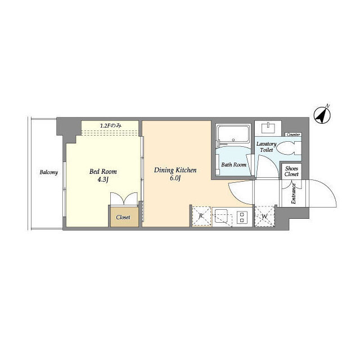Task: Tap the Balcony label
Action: (49, 172)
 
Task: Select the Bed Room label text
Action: (103, 172)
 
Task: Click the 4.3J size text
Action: (103, 179)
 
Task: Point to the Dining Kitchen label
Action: (175, 170)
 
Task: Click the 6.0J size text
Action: (175, 178)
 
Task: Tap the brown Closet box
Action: (124, 217)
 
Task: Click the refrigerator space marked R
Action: (201, 216)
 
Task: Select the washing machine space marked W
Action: (265, 216)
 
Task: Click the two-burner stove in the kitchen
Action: (242, 217)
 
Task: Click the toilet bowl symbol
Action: (289, 148)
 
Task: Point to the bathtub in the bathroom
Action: (233, 134)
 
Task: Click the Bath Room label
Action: (234, 165)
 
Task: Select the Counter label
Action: (294, 134)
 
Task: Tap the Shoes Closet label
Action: (291, 171)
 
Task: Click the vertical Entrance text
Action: (294, 193)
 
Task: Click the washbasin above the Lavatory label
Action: (268, 128)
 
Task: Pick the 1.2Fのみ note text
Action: (110, 125)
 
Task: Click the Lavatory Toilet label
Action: (266, 147)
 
